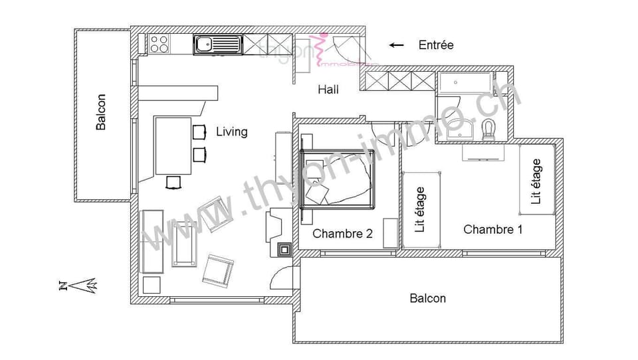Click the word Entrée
click(x=436, y=45)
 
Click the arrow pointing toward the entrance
click(x=397, y=45)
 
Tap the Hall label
click(x=328, y=90)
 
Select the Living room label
click(x=231, y=132)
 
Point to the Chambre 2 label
click(x=342, y=234)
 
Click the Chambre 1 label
click(x=492, y=230)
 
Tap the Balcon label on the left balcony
click(x=101, y=112)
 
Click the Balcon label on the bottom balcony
click(x=427, y=298)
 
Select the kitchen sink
click(x=217, y=45)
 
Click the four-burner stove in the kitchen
click(x=159, y=44)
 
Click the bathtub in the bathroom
click(x=465, y=84)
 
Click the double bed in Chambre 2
click(x=338, y=179)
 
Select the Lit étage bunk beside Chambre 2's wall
click(x=421, y=209)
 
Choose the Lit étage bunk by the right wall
click(x=537, y=181)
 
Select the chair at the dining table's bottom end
click(x=173, y=181)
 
